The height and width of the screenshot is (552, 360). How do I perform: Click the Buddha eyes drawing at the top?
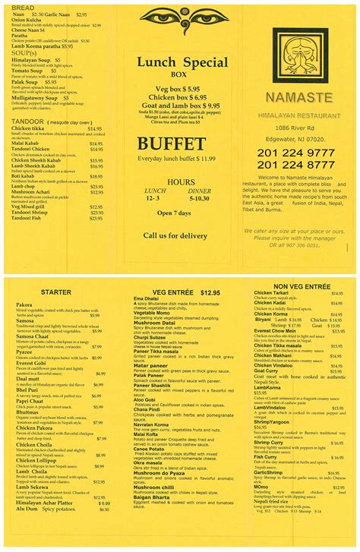(180, 17)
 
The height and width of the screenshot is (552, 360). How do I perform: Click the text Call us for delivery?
(180, 236)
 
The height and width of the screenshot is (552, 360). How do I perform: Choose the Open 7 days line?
(180, 213)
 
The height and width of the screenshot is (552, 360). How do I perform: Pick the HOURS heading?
(180, 182)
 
